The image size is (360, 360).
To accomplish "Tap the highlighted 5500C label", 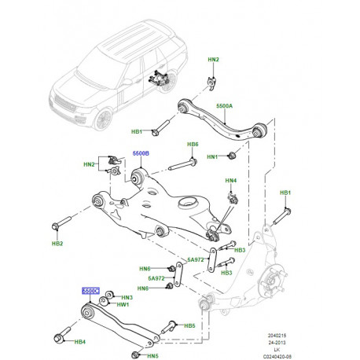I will [90, 290].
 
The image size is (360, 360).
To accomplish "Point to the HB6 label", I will [193, 145].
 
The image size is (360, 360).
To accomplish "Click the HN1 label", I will [212, 158].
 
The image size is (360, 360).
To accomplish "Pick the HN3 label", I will [127, 297].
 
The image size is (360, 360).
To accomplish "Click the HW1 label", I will [123, 305].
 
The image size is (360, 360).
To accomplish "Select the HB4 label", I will [79, 342].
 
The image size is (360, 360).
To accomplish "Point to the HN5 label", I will [152, 355].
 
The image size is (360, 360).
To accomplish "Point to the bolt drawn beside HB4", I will [58, 338].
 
